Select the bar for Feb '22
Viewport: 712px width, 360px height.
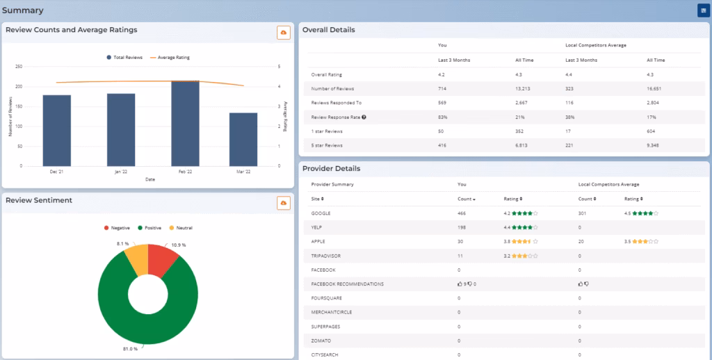coord(185,124)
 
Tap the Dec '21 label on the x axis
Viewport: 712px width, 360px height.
coord(56,172)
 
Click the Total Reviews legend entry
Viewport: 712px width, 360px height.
coord(125,58)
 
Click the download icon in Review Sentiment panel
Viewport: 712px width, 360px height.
coord(283,202)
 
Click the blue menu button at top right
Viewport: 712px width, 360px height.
coord(703,10)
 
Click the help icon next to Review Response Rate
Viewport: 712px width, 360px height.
coord(364,117)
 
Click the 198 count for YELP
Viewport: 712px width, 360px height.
coord(462,227)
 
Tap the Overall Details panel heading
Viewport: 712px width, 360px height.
coord(328,30)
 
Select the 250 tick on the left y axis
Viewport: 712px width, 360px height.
coord(19,67)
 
